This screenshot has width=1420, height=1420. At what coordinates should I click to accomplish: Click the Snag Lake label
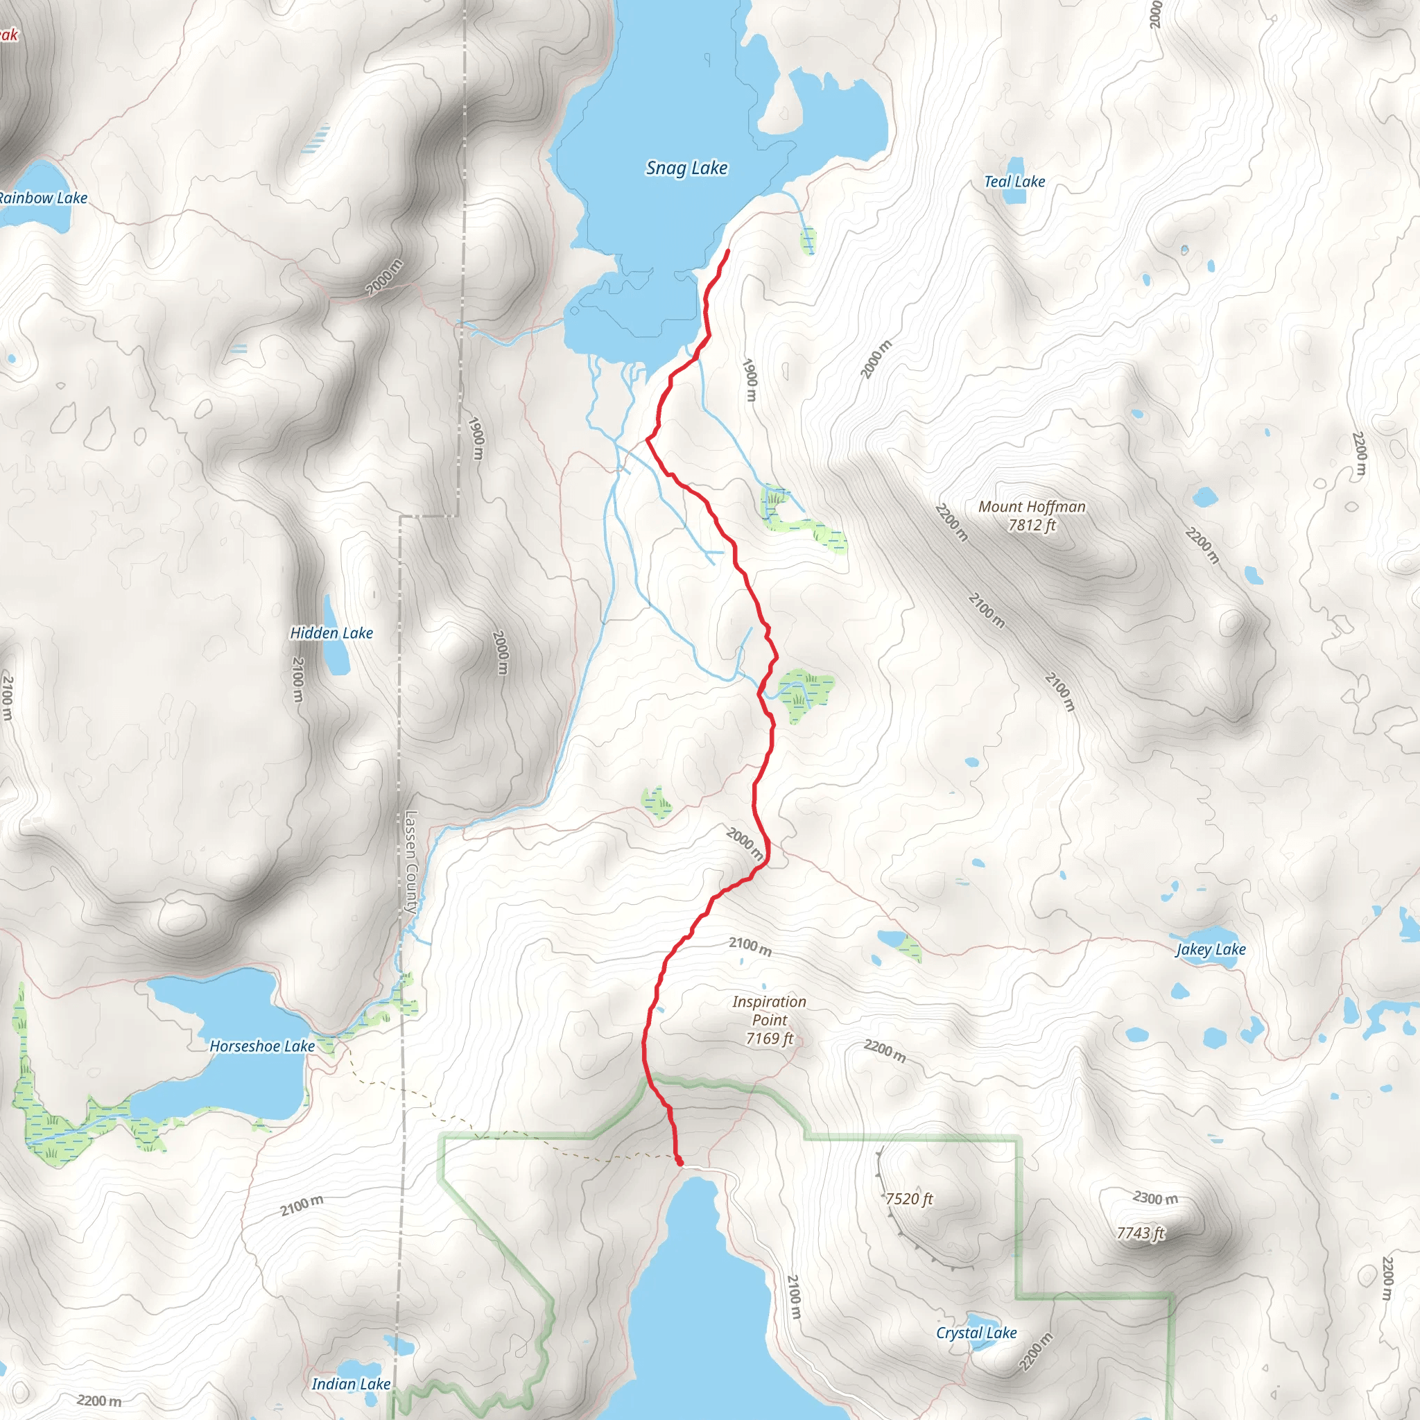coord(686,168)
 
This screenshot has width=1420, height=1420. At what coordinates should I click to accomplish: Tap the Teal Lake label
coord(1014,182)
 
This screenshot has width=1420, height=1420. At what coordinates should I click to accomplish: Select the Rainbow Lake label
coord(42,198)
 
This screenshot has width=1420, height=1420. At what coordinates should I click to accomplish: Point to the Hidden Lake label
coord(331,633)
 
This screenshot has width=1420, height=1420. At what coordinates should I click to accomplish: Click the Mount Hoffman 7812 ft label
coord(1031,515)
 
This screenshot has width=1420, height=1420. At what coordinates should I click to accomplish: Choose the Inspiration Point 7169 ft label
coord(769,1020)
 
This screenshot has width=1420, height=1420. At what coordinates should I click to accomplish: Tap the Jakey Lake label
coord(1211,950)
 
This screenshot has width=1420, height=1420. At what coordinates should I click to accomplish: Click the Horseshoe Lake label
coord(262,1046)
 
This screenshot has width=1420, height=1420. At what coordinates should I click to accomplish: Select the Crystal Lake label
coord(976,1333)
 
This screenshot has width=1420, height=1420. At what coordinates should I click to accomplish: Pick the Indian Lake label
coord(351,1385)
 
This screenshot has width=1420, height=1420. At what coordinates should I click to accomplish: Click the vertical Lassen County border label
coord(411,861)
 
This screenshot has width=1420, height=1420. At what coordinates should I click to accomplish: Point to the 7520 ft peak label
coord(909,1200)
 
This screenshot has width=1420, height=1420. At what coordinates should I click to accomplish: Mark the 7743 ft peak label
coord(1141,1233)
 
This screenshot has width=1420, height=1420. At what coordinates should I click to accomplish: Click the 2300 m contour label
coord(1154,1198)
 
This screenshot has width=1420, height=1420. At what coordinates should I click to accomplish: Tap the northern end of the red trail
coord(727,252)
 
